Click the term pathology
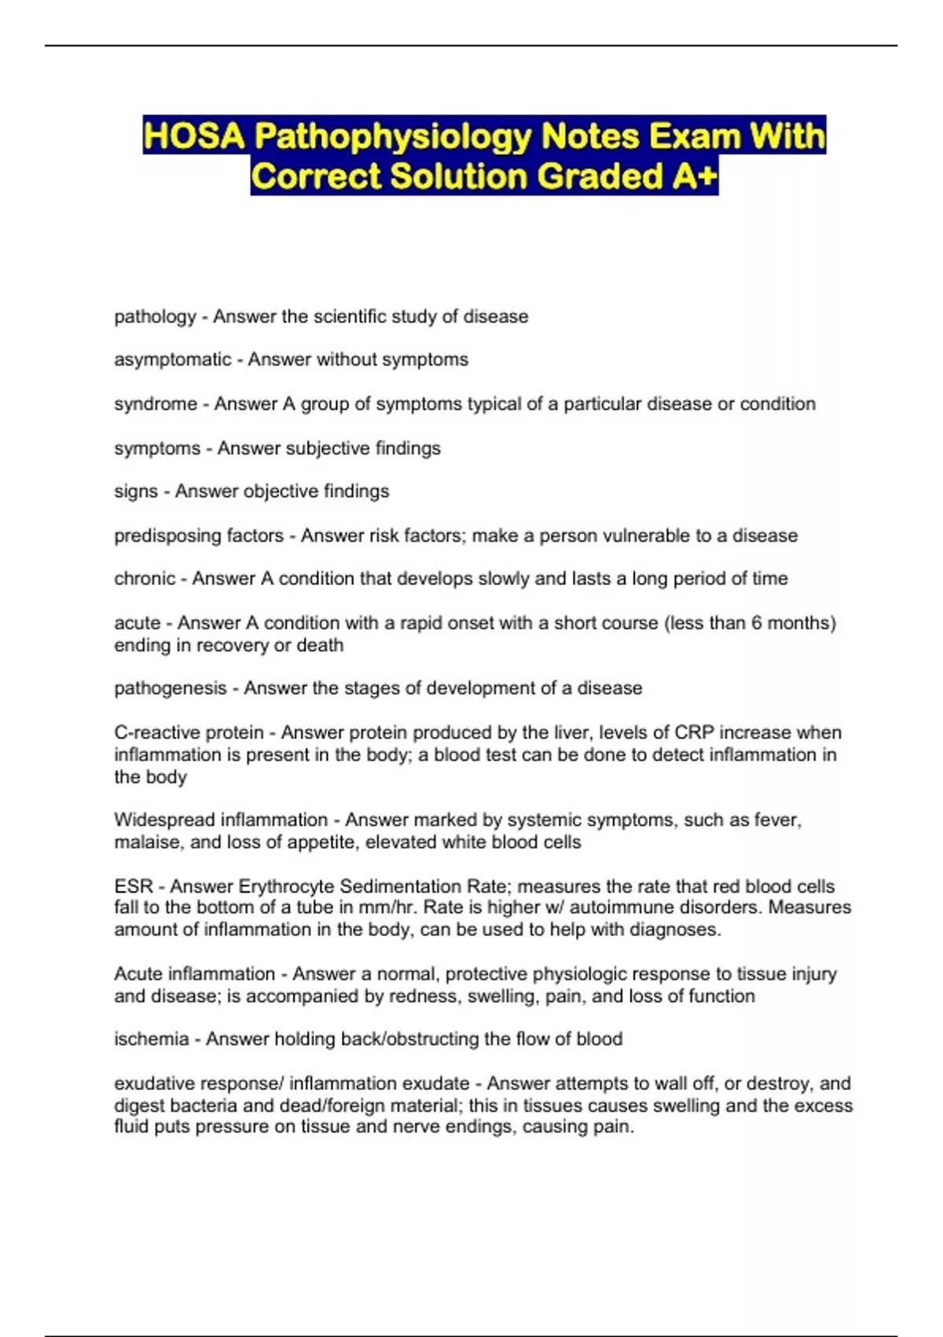pyautogui.click(x=155, y=317)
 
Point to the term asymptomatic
pyautogui.click(x=173, y=359)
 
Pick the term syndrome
pyautogui.click(x=156, y=404)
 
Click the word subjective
pyautogui.click(x=328, y=448)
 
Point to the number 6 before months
pyautogui.click(x=756, y=623)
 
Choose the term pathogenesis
pyautogui.click(x=171, y=688)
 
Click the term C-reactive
pyautogui.click(x=157, y=733)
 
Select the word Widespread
pyautogui.click(x=164, y=820)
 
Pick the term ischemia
pyautogui.click(x=152, y=1039)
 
